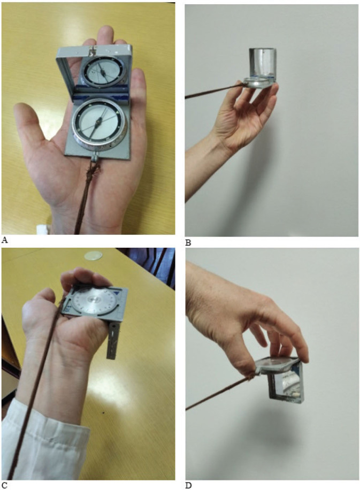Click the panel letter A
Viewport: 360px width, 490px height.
(4, 240)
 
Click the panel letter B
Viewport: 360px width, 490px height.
(188, 242)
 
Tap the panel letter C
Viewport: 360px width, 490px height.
(4, 485)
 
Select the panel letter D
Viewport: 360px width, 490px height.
(188, 485)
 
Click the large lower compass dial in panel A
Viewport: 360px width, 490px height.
(99, 121)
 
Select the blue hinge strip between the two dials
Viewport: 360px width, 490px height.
(101, 93)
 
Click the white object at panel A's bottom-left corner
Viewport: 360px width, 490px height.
(42, 229)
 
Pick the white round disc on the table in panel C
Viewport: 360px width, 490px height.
(93, 255)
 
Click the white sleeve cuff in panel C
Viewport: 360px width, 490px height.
(44, 444)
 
